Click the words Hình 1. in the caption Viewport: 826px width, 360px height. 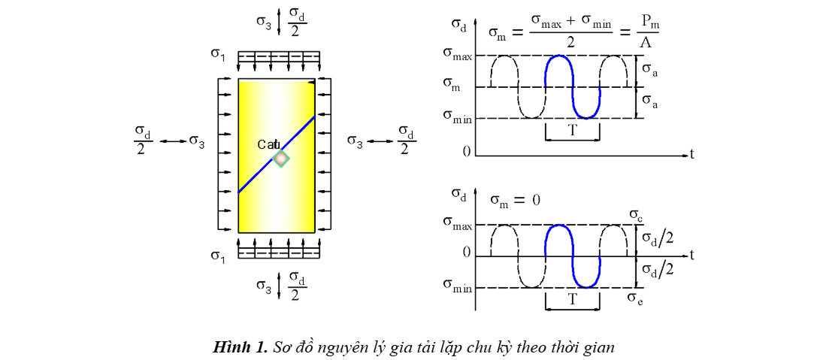coord(240,347)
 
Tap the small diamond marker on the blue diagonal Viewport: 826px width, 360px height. coord(280,159)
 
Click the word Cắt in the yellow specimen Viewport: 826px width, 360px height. coord(268,144)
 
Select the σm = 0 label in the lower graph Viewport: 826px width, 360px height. coord(516,199)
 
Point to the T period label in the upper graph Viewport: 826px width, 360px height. coord(572,129)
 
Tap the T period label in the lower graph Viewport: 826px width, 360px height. coord(572,299)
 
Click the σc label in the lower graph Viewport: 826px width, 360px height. coord(636,216)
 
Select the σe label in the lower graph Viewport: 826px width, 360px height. coord(635,298)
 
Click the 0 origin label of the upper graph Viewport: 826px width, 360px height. coord(467,151)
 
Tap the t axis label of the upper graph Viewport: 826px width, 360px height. coord(691,154)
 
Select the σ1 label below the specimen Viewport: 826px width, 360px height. coord(218,256)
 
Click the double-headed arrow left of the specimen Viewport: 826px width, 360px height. coord(173,141)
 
